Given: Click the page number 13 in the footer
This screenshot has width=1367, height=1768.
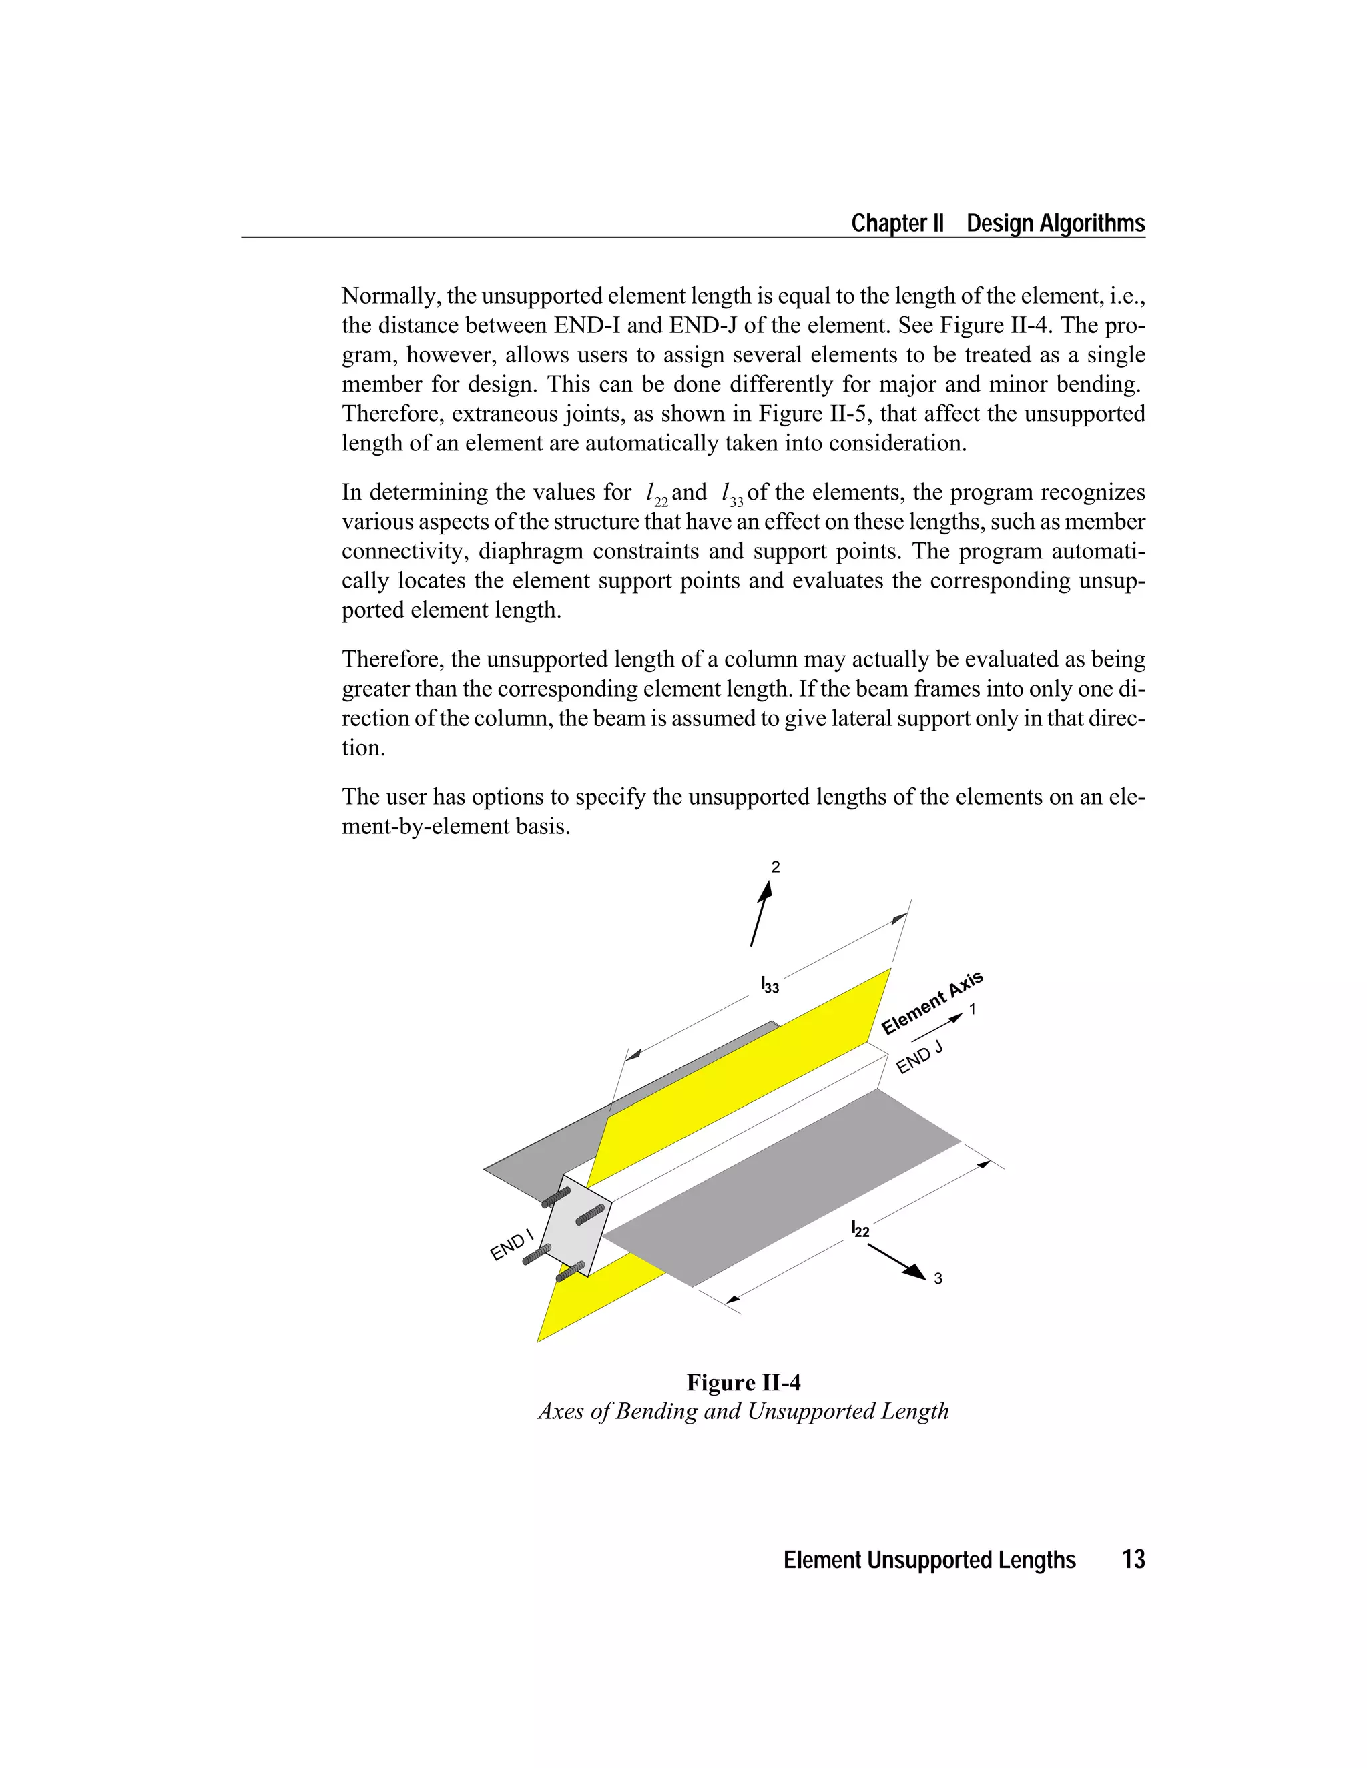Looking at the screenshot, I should tap(1133, 1559).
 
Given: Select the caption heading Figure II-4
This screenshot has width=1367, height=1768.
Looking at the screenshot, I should tap(744, 1382).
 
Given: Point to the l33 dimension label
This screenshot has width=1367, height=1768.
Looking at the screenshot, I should tap(770, 985).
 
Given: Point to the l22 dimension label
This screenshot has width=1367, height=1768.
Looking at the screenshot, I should tap(860, 1229).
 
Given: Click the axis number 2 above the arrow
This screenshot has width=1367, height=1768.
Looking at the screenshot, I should tap(775, 867).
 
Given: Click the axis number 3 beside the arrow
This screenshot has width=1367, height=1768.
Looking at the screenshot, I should tap(938, 1279).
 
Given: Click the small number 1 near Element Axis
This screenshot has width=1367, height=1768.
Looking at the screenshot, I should tap(973, 1009).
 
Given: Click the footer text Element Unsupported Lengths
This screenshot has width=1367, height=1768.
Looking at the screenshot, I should tap(929, 1559).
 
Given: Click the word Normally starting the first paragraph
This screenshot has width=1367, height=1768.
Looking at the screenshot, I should tap(390, 296).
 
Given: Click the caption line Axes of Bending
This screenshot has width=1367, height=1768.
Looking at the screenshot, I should tap(743, 1411).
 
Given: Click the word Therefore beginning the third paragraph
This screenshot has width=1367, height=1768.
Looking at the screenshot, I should tap(392, 659).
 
